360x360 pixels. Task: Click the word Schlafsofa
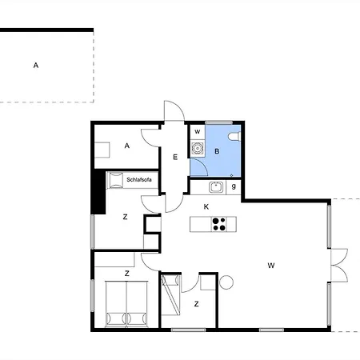click(139, 180)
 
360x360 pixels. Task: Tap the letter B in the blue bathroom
click(217, 151)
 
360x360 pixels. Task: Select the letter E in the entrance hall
click(175, 157)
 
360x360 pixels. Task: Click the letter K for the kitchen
click(206, 206)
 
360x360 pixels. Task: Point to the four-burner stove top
click(219, 224)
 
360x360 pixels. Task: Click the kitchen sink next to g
click(216, 186)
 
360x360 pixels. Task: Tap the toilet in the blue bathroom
click(234, 137)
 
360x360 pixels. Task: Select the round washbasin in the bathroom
click(198, 148)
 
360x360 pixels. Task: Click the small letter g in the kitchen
click(234, 186)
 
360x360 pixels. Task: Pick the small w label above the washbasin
click(198, 131)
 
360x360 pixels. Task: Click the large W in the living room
click(271, 266)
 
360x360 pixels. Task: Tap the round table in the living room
click(226, 282)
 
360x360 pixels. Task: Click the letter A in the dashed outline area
click(36, 66)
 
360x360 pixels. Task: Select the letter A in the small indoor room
click(127, 146)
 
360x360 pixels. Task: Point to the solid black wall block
click(98, 191)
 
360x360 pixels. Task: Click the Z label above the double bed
click(127, 274)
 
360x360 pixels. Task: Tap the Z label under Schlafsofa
click(125, 217)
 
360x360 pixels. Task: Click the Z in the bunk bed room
click(197, 304)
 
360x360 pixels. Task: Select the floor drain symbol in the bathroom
click(231, 175)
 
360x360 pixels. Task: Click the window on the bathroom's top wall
click(218, 122)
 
